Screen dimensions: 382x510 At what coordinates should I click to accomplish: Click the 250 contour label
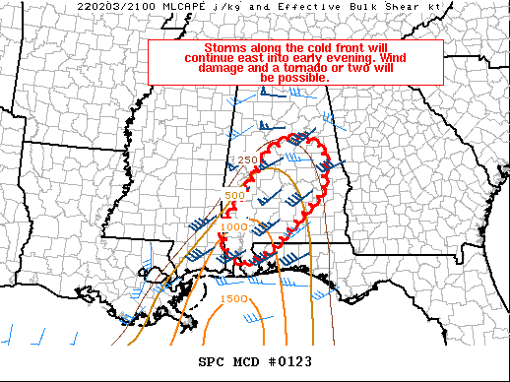[x=247, y=160]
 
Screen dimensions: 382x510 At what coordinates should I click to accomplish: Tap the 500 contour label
[x=234, y=195]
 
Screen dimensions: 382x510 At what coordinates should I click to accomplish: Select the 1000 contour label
[x=234, y=227]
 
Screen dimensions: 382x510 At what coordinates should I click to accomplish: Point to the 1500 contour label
[x=233, y=298]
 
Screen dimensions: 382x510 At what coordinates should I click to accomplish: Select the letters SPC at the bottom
[x=212, y=361]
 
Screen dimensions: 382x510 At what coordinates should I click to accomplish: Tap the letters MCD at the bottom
[x=248, y=361]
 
